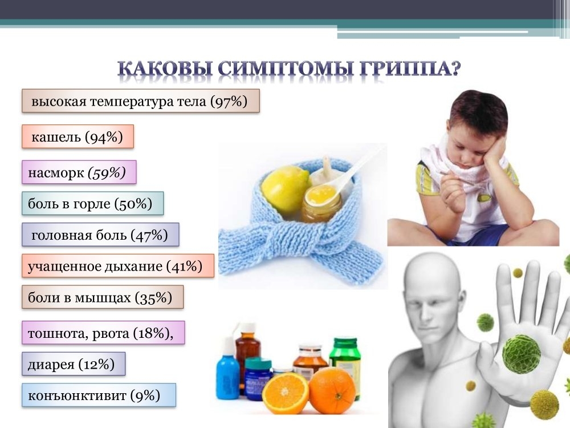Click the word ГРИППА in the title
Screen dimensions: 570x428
(x=410, y=68)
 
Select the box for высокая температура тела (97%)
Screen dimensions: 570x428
(x=141, y=101)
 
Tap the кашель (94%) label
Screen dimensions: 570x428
(x=78, y=136)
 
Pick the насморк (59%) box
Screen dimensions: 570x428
(x=79, y=172)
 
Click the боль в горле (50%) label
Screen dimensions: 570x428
(x=93, y=204)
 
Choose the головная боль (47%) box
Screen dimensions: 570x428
(x=100, y=235)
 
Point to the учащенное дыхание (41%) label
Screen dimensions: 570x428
(x=118, y=266)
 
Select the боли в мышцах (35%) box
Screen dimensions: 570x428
(x=103, y=297)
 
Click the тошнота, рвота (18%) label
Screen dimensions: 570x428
(x=103, y=333)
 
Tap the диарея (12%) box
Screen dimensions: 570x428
(x=74, y=364)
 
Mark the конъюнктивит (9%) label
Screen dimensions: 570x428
(x=99, y=395)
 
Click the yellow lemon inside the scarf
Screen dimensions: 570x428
(x=285, y=189)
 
